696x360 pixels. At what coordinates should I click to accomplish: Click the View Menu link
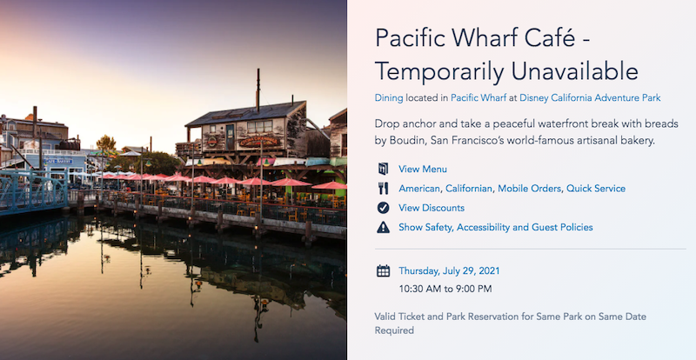point(423,169)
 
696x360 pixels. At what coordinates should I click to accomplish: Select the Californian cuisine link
point(469,189)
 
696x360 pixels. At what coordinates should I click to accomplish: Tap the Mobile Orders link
point(529,189)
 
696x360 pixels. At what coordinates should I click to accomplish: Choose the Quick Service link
point(596,189)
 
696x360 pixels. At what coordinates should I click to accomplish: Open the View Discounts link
point(432,208)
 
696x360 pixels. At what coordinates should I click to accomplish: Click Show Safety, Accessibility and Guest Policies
point(496,227)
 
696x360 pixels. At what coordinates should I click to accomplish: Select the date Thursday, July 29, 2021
point(449,270)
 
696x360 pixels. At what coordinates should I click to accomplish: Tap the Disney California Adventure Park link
point(590,97)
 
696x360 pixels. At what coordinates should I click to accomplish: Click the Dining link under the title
point(389,97)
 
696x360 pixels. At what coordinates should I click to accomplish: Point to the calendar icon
point(383,270)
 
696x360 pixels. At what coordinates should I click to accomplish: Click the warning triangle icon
point(383,227)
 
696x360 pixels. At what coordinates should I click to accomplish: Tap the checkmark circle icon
point(383,208)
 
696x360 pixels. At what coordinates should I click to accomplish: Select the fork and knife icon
point(383,189)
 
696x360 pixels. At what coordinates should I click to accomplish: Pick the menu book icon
point(383,169)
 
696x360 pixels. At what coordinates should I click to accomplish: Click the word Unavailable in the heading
point(575,71)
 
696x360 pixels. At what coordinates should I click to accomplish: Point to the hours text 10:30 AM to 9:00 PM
point(445,289)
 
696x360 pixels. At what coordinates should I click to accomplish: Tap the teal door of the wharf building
point(230,137)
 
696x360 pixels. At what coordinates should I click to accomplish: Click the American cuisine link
point(419,189)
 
